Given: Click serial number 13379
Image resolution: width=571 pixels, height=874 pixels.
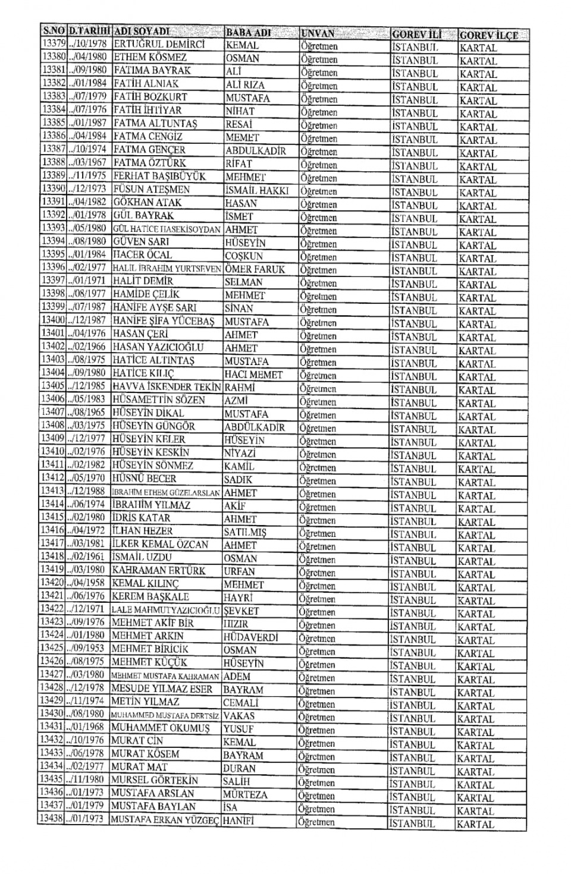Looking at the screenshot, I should (53, 44).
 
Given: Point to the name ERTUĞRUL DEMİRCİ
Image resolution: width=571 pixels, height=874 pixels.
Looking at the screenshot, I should (159, 45).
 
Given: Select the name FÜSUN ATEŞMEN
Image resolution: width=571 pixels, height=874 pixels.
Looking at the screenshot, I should (152, 189).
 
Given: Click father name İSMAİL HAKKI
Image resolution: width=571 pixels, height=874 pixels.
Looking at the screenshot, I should (257, 190).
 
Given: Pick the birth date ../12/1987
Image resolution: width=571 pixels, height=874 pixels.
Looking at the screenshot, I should (87, 320).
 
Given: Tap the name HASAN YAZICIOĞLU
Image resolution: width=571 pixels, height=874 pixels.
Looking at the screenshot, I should (158, 347).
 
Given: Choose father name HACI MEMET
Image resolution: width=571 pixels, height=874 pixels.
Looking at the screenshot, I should (253, 375).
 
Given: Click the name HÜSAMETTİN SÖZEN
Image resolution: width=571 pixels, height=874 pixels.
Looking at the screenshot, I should (159, 400).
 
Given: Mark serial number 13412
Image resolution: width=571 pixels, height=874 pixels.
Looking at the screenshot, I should (52, 478).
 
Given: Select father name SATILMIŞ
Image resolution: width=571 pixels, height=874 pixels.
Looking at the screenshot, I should (245, 532).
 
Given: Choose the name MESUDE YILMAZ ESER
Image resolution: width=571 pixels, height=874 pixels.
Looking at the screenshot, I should (162, 689).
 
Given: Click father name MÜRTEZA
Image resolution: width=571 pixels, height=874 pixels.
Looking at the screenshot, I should (245, 794).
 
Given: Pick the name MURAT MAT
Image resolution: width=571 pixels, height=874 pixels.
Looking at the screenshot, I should (139, 767).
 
